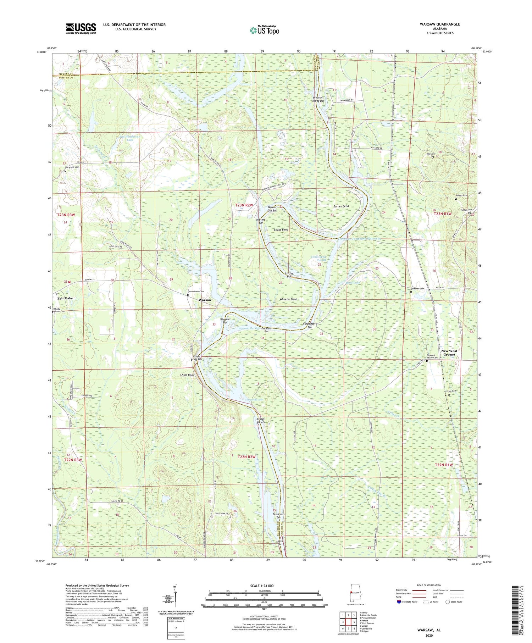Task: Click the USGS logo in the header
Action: coord(81,28)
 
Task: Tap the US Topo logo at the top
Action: coord(264,31)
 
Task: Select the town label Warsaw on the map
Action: coord(205,300)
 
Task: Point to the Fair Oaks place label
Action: coord(65,298)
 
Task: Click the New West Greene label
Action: coord(449,353)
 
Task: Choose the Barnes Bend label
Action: coord(341,206)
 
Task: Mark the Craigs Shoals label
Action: coord(261,421)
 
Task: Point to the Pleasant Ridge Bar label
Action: coord(318,99)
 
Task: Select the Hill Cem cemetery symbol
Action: coord(432,157)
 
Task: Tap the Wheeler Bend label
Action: coord(288,299)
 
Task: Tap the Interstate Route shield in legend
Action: coord(399,602)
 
